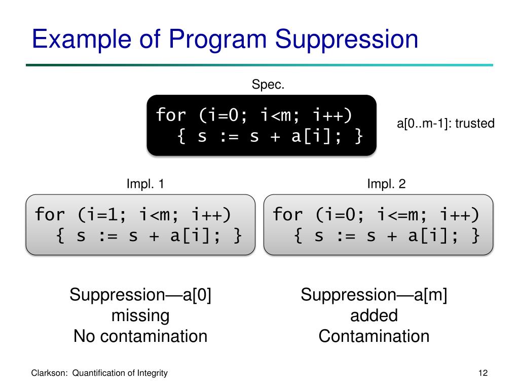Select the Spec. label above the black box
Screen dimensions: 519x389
(x=268, y=85)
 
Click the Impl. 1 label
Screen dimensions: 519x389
(x=145, y=184)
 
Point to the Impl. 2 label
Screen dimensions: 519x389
(x=386, y=184)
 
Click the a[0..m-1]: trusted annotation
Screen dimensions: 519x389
(x=445, y=124)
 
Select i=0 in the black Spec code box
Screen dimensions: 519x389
(x=221, y=115)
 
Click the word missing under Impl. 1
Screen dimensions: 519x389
(x=140, y=316)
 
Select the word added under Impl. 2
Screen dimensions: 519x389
(x=374, y=316)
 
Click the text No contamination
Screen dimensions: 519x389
(x=140, y=336)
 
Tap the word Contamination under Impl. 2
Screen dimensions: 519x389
(x=374, y=336)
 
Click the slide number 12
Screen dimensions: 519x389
(x=483, y=373)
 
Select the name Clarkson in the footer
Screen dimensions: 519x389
(x=50, y=373)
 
